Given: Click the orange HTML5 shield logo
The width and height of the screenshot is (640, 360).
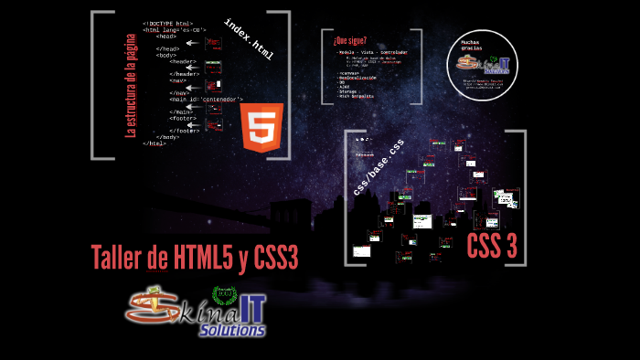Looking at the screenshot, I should pyautogui.click(x=261, y=127).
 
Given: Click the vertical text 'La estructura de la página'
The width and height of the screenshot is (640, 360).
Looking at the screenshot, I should pyautogui.click(x=131, y=82).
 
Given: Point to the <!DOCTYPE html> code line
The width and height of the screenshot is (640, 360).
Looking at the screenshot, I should pyautogui.click(x=167, y=23).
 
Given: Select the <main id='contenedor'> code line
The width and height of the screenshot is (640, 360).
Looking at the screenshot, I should pyautogui.click(x=206, y=99).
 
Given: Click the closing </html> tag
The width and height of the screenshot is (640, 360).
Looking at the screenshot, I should pyautogui.click(x=155, y=143).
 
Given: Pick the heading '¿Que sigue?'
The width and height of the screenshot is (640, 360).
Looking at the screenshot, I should pyautogui.click(x=350, y=41).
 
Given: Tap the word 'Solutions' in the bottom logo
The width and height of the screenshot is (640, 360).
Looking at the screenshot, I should pyautogui.click(x=232, y=329).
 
